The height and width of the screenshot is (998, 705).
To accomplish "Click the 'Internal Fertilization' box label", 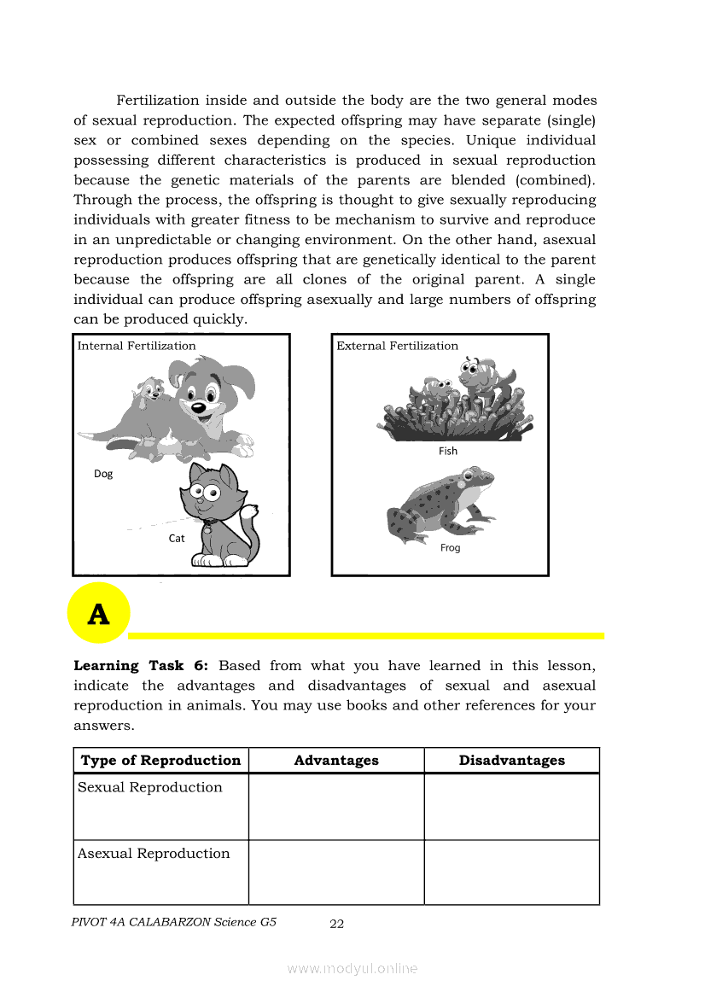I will click(x=137, y=346).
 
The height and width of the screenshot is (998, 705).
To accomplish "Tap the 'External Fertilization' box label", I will click(x=397, y=346).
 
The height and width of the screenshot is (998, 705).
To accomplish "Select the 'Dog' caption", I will click(x=103, y=474).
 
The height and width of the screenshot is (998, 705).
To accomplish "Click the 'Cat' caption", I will click(x=177, y=539).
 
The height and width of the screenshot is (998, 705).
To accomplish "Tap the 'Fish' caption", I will click(x=448, y=451).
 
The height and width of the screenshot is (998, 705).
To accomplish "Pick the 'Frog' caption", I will click(x=450, y=548).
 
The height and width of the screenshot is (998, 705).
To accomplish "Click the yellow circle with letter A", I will click(x=99, y=613).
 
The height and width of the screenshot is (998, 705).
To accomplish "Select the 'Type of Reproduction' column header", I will click(x=161, y=761).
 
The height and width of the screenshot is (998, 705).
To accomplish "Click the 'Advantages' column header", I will click(x=336, y=761).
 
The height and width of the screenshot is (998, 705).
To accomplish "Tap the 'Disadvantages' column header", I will click(x=511, y=761).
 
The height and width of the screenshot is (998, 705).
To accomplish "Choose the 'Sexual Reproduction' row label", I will click(x=150, y=788).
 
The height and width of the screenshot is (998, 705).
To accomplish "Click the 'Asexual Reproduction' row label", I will click(x=154, y=854).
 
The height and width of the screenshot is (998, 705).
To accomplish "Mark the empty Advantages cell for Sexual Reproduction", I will click(x=336, y=807).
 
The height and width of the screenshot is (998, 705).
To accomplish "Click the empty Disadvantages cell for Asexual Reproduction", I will click(x=511, y=873).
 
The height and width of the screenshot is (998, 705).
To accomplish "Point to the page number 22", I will click(x=337, y=924).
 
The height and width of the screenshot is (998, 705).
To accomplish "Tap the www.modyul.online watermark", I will click(x=352, y=968).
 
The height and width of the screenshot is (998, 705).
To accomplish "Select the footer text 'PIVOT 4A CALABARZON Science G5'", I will click(x=175, y=922).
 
